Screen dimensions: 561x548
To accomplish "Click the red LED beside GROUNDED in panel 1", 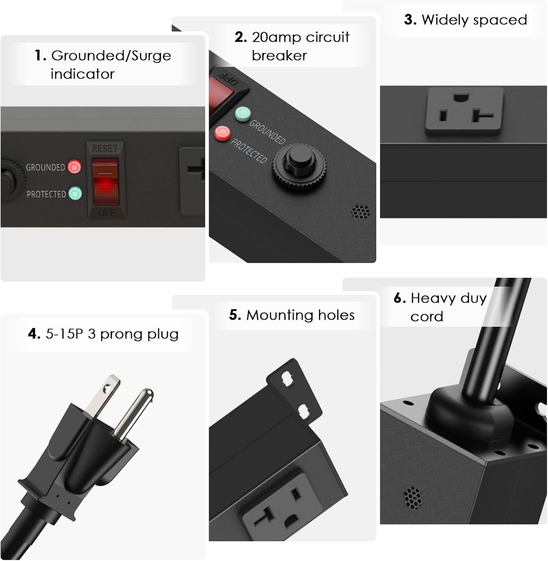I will point(74,167).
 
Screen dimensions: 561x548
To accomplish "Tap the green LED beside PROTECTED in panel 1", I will point(75,194).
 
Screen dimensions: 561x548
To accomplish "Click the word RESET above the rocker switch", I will point(105,148).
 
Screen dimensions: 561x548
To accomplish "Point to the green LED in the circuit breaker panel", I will point(243,113).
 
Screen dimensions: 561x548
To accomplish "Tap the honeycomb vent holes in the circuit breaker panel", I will point(361,212).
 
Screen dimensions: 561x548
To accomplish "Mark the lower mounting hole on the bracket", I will point(303,411).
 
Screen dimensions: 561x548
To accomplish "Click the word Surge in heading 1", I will point(151,56).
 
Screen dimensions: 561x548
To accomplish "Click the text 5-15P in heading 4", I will point(64,334).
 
